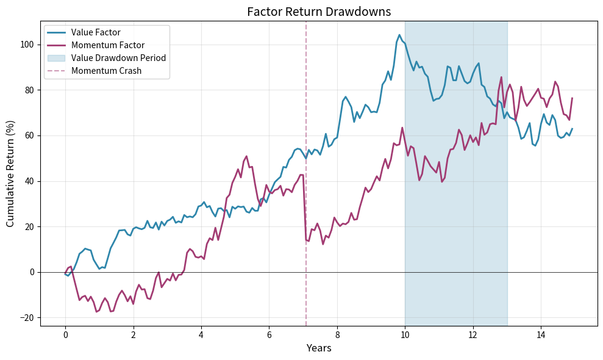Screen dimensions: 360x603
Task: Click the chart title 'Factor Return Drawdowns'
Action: point(318,12)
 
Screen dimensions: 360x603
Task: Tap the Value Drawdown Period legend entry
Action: point(118,58)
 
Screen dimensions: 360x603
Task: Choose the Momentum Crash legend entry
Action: point(106,71)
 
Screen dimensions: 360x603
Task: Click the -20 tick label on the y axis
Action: point(27,318)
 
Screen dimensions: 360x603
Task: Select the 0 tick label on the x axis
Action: point(65,335)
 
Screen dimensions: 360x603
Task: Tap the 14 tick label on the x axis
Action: point(541,335)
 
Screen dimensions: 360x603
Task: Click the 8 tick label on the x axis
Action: point(337,335)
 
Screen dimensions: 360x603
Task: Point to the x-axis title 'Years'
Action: point(319,348)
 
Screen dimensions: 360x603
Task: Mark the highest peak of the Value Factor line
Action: point(399,35)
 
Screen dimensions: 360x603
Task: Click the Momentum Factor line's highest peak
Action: point(501,77)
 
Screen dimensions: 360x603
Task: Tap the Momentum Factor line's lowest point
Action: point(96,312)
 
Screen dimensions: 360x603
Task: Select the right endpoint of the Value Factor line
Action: point(572,129)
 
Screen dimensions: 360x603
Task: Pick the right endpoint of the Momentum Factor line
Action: point(572,98)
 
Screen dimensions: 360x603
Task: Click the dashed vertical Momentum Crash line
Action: point(306,183)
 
